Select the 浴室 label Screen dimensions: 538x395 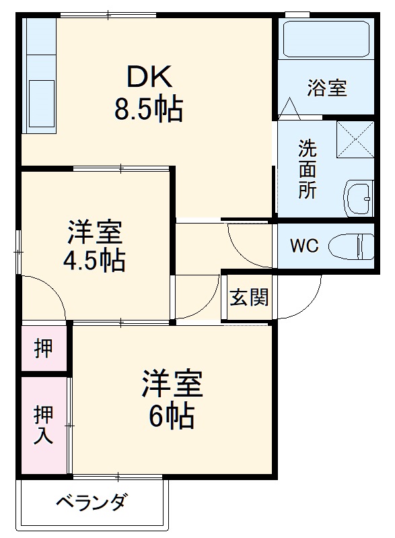click(327, 88)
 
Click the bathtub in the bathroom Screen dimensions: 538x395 click(325, 40)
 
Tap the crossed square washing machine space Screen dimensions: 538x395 click(355, 139)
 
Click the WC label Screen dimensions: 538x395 click(303, 246)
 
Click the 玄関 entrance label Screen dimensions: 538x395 click(249, 297)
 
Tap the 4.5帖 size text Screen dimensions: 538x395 click(94, 260)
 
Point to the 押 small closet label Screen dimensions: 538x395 click(43, 348)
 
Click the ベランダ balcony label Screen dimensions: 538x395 click(90, 503)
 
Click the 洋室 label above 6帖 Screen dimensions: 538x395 click(172, 385)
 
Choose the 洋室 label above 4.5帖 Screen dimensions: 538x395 click(94, 232)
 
